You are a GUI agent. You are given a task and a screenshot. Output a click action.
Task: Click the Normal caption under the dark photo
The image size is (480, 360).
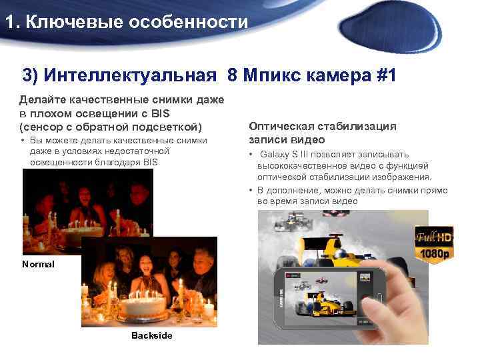[39, 264]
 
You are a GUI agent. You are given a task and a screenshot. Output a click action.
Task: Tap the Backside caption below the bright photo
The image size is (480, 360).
[151, 335]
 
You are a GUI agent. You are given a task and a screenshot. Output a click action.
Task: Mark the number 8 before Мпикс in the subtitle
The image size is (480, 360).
[232, 74]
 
